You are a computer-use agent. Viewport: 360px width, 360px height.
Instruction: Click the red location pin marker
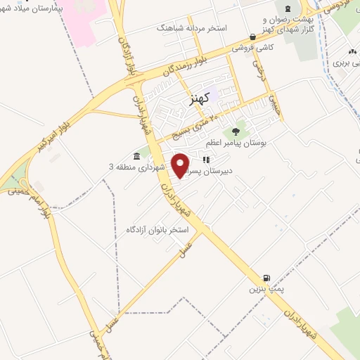click(181, 165)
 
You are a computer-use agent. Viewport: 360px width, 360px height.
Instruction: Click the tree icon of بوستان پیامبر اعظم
click(236, 131)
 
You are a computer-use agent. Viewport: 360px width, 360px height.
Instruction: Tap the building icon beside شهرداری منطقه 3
click(135, 156)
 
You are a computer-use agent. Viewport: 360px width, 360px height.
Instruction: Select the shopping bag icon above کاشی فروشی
click(252, 37)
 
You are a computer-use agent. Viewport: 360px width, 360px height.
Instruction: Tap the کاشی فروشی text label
click(255, 48)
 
